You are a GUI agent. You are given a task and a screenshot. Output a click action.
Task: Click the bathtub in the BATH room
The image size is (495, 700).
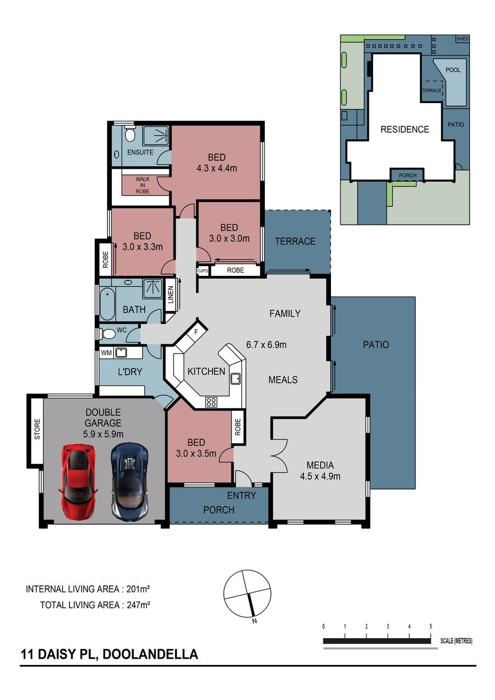click(107, 304)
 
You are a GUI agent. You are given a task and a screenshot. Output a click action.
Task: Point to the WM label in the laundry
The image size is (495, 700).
click(106, 353)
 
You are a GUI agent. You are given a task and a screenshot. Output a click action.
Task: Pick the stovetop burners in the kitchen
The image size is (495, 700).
click(211, 402)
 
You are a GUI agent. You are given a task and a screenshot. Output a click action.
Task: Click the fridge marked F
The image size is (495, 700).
click(196, 332)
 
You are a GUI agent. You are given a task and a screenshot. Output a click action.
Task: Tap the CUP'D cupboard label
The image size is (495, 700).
click(202, 271)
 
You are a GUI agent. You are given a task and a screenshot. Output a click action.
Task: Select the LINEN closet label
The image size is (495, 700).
click(171, 295)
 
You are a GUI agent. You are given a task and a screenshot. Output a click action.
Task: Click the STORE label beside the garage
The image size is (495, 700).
click(37, 429)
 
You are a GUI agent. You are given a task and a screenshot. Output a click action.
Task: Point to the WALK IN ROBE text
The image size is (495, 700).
click(143, 185)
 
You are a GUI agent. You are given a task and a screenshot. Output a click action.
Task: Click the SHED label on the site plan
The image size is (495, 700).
click(463, 39)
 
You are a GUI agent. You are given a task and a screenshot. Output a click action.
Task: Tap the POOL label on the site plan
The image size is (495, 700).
click(453, 70)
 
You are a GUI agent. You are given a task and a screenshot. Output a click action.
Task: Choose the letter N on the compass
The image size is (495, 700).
click(254, 621)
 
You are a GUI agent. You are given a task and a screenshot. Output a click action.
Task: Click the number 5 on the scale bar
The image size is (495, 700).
click(431, 626)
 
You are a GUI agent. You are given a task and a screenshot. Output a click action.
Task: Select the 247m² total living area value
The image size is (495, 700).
click(138, 605)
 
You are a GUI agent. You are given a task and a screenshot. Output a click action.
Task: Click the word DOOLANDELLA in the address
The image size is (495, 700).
click(150, 654)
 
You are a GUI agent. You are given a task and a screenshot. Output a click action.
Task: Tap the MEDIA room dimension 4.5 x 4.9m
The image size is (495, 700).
click(320, 476)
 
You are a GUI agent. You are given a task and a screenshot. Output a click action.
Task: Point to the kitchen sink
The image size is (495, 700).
click(235, 379)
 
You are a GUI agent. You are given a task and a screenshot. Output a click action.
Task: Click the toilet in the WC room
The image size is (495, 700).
click(108, 334)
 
